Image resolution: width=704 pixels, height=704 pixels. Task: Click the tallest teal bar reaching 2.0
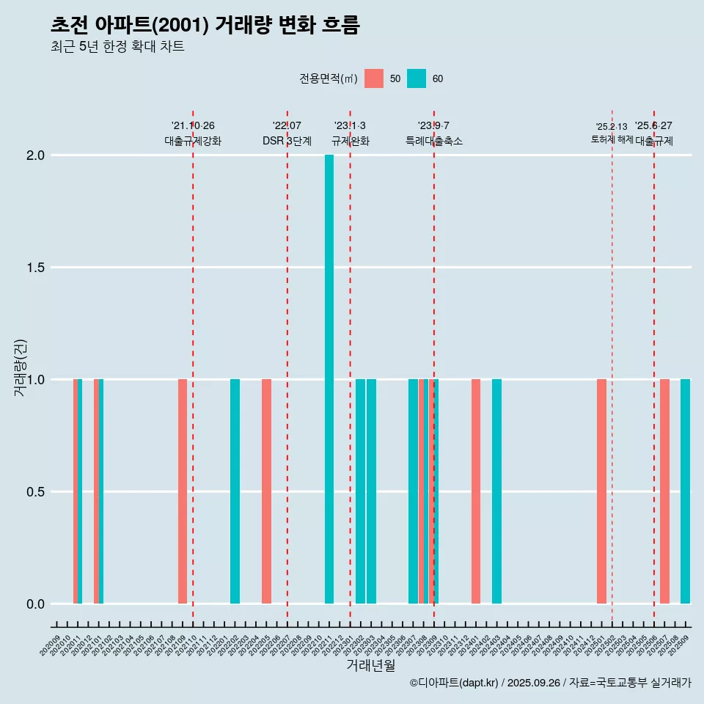(329, 379)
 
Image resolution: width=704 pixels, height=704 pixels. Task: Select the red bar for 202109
(183, 491)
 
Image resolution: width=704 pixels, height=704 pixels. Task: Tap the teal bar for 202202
(235, 491)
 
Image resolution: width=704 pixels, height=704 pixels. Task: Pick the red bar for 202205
(266, 491)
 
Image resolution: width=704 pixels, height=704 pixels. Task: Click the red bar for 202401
(476, 491)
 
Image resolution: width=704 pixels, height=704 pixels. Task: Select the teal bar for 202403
(496, 491)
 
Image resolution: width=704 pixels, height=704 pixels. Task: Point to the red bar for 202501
(601, 491)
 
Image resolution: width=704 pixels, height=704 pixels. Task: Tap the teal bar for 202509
(685, 491)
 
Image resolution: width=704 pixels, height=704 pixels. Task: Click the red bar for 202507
(664, 491)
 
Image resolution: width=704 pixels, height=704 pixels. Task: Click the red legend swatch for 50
(374, 78)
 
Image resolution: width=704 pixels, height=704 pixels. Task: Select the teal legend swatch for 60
(417, 78)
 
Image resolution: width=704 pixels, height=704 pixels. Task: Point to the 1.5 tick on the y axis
(36, 268)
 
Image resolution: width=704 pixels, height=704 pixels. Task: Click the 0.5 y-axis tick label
(36, 492)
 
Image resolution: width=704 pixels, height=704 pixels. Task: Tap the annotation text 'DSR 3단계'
(287, 141)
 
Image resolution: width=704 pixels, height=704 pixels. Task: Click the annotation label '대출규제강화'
(193, 141)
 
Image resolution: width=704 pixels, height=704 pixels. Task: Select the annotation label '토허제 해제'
(612, 139)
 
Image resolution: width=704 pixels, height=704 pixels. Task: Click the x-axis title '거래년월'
(370, 666)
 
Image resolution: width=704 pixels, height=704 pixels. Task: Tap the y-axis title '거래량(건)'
(21, 368)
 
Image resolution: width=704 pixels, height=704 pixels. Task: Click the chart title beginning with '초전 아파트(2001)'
(205, 25)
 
